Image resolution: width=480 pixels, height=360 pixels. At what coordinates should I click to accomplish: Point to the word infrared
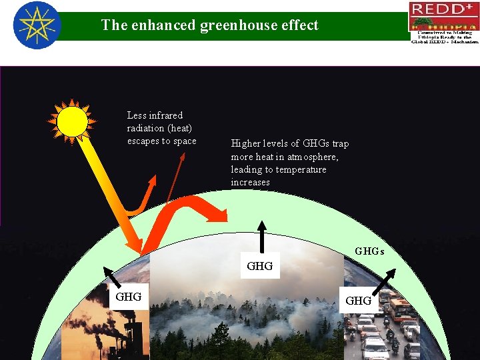(x=165, y=115)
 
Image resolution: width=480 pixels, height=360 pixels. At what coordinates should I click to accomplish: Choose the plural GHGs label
(x=369, y=251)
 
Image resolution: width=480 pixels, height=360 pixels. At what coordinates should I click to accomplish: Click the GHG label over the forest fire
(x=259, y=266)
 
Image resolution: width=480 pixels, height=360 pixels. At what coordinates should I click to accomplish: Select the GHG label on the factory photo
(x=128, y=297)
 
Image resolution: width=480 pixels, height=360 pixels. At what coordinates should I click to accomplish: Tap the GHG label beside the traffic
(x=358, y=301)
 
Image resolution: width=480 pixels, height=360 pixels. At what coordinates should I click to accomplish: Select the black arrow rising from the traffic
(x=387, y=279)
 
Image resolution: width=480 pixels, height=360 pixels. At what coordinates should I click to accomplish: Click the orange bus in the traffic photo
(x=399, y=308)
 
